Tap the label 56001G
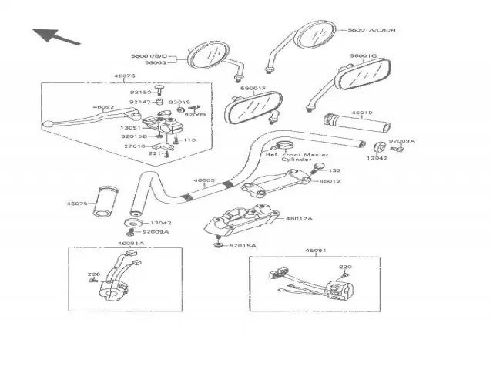[363, 56]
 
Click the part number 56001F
[252, 89]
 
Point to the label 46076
[124, 76]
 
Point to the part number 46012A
[299, 218]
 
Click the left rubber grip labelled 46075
[106, 201]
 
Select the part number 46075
[77, 203]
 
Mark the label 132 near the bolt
[334, 170]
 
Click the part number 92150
[139, 92]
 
